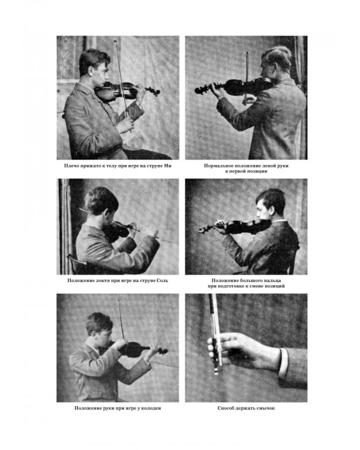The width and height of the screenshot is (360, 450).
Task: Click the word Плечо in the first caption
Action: (70, 166)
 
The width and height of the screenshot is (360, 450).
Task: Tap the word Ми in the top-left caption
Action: (167, 166)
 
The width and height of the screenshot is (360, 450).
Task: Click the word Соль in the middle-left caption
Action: (163, 280)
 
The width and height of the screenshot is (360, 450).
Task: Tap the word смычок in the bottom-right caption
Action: (266, 408)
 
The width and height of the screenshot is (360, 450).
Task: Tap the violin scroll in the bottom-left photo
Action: (163, 351)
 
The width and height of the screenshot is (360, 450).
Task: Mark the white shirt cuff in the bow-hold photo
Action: (283, 362)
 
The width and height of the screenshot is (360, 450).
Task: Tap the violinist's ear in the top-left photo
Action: (91, 71)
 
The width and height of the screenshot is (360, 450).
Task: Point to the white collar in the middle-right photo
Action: (280, 221)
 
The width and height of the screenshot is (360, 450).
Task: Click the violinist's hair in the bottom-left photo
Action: (98, 322)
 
